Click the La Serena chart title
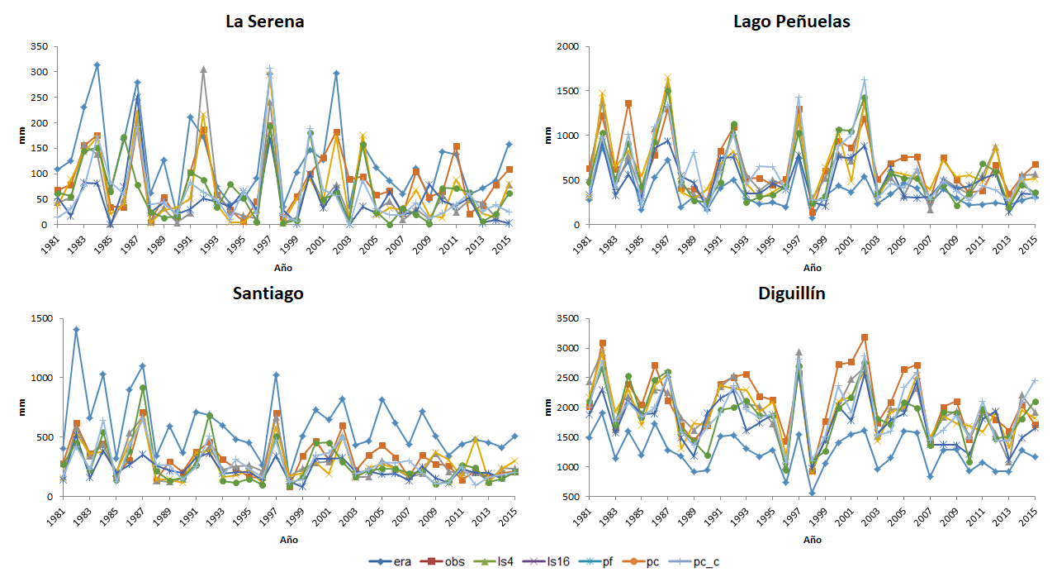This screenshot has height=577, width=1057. (264, 21)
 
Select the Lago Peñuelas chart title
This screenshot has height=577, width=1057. (791, 21)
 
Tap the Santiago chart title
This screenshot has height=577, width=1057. (267, 293)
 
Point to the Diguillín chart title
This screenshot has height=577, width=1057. (790, 293)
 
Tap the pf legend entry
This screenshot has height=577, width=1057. (595, 562)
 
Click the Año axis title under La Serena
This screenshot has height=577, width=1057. (283, 268)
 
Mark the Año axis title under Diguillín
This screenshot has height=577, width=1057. (812, 539)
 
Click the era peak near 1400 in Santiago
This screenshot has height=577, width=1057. (76, 329)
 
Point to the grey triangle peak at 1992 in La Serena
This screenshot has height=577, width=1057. (203, 69)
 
